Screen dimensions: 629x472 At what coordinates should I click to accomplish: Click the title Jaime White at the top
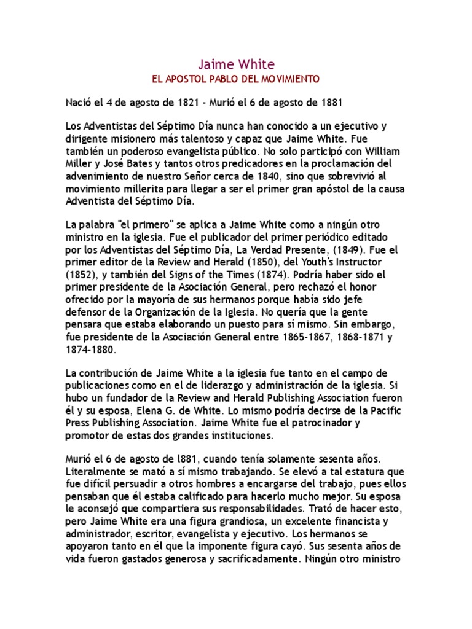(x=236, y=64)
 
